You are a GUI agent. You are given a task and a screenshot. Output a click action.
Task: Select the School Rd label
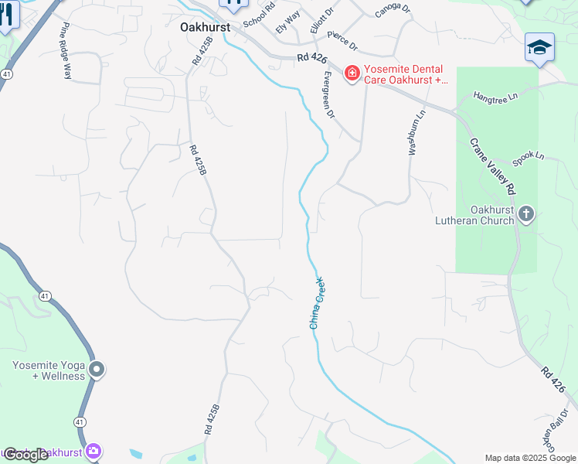259,16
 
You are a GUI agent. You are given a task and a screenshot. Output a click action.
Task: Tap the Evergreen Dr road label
328,95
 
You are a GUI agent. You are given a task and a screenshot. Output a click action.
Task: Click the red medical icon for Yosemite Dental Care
352,73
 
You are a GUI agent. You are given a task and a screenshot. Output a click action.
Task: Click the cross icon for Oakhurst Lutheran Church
526,214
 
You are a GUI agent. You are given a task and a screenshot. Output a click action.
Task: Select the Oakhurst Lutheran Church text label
492,215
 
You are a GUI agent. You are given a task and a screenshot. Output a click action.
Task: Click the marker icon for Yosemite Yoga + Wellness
97,370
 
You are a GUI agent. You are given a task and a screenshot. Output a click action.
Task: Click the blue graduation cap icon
539,48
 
